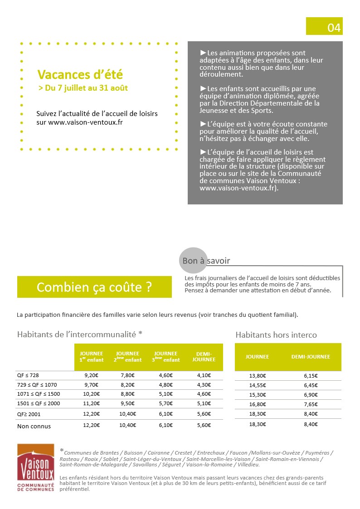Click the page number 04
(x=334, y=28)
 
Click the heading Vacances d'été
(x=80, y=74)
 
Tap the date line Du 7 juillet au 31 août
(x=83, y=88)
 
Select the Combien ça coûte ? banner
(x=94, y=287)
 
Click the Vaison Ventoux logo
(x=35, y=468)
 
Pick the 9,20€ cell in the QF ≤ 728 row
(x=92, y=375)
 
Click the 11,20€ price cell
(x=92, y=403)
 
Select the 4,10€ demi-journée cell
(x=204, y=375)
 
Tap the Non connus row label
(x=34, y=426)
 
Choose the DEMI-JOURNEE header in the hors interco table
(x=311, y=357)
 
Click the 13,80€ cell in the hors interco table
(x=258, y=375)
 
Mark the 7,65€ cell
(x=311, y=404)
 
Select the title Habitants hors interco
(x=276, y=335)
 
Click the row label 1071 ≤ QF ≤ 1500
(x=39, y=394)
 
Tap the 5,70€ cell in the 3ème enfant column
(x=165, y=403)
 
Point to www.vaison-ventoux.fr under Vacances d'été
(x=86, y=122)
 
